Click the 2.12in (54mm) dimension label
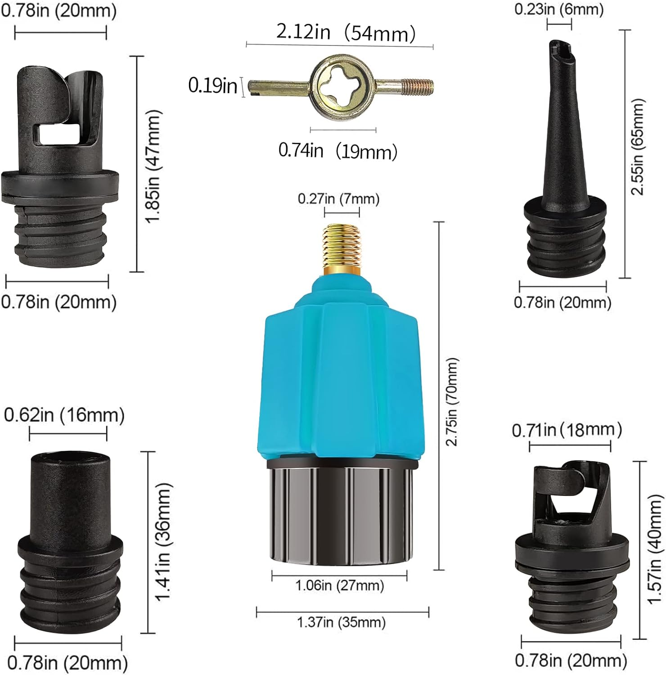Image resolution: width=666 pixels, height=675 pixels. pos(346,32)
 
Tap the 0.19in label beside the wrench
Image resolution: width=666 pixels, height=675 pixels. pos(212,85)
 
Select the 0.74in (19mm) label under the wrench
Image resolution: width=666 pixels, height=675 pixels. pos(337,151)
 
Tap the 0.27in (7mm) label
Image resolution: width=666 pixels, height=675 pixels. pos(338,198)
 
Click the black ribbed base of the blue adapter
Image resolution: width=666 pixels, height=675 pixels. pos(341,513)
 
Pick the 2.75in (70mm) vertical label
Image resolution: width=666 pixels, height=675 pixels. pos(452,401)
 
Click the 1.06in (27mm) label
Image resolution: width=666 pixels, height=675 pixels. pos(339,585)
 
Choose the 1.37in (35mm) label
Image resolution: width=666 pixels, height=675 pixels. pos(341,622)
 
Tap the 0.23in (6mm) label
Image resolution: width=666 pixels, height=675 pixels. pos(559,9)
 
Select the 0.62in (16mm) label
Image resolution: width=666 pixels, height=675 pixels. pos(64,415)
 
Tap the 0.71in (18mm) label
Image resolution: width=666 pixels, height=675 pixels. pos(567,430)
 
